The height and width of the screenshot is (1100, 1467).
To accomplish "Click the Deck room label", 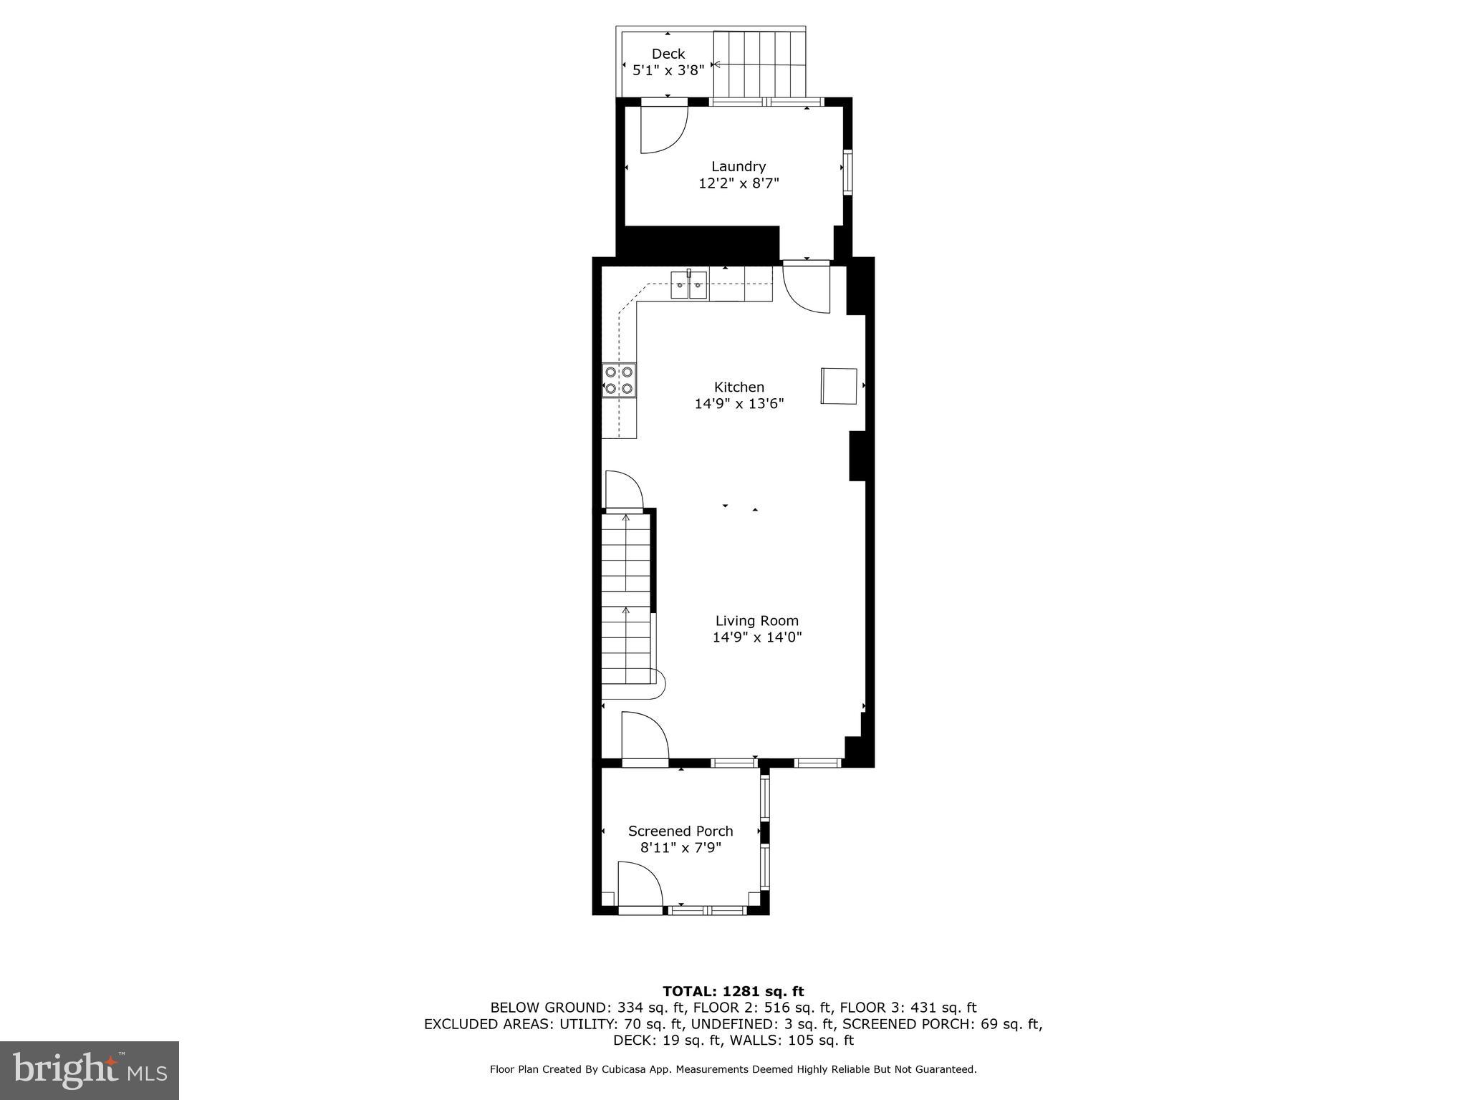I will pyautogui.click(x=668, y=54).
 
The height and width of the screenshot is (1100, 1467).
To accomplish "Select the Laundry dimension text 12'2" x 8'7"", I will pyautogui.click(x=739, y=183).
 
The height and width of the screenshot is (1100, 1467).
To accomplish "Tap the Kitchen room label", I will pyautogui.click(x=739, y=387).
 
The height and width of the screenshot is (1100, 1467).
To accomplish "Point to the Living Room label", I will pyautogui.click(x=756, y=621).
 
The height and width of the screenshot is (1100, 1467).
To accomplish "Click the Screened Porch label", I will pyautogui.click(x=680, y=831).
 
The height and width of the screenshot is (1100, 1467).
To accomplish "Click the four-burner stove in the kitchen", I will pyautogui.click(x=619, y=380).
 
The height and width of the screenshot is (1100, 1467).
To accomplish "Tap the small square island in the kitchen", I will pyautogui.click(x=839, y=386).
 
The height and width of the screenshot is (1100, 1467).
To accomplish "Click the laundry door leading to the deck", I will pyautogui.click(x=663, y=129).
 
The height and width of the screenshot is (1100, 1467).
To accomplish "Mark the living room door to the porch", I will pyautogui.click(x=644, y=737).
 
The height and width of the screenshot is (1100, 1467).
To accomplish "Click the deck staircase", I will pyautogui.click(x=759, y=64).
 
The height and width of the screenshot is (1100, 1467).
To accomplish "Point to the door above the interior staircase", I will pyautogui.click(x=623, y=490).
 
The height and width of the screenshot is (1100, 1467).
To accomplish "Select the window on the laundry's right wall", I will pyautogui.click(x=847, y=172).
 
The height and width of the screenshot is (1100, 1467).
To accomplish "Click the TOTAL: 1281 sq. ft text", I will pyautogui.click(x=733, y=991).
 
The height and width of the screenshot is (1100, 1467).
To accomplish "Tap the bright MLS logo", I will pyautogui.click(x=89, y=1070).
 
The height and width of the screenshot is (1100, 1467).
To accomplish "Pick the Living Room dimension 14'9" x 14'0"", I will pyautogui.click(x=756, y=637).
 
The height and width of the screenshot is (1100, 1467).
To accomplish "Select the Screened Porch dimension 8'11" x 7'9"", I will pyautogui.click(x=680, y=848).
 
